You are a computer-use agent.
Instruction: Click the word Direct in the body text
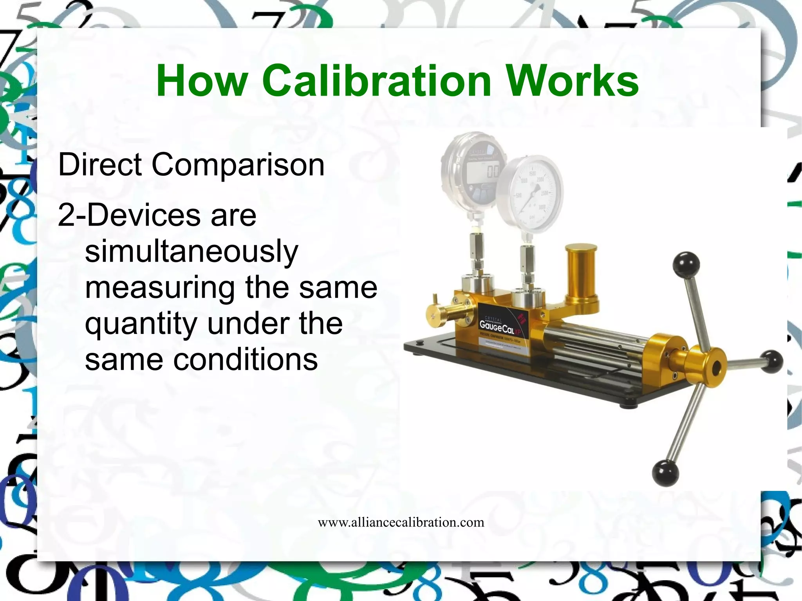pyautogui.click(x=100, y=164)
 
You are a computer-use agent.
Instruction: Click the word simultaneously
pyautogui.click(x=191, y=253)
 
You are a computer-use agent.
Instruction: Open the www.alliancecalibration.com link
pyautogui.click(x=401, y=522)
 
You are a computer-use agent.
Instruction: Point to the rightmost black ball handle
pyautogui.click(x=771, y=362)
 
